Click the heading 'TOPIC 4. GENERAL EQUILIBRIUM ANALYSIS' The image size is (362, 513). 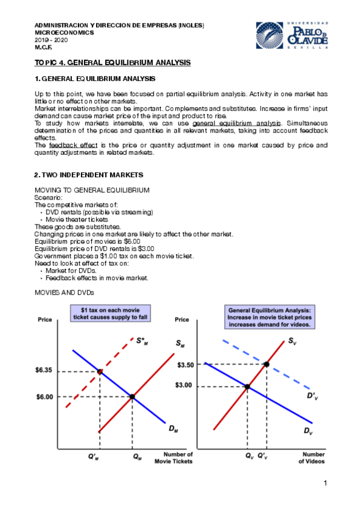[112, 62]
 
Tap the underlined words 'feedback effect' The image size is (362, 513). [65, 145]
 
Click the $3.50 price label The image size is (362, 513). [186, 365]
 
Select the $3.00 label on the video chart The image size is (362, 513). [186, 385]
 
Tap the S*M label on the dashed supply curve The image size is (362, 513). [143, 341]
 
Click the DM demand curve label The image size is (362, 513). [173, 429]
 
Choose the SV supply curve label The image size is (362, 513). [292, 342]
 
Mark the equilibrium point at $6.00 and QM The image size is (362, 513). [132, 396]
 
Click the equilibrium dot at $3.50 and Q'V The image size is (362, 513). [267, 364]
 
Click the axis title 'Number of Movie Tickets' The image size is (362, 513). [178, 458]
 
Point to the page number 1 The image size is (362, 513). [325, 483]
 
